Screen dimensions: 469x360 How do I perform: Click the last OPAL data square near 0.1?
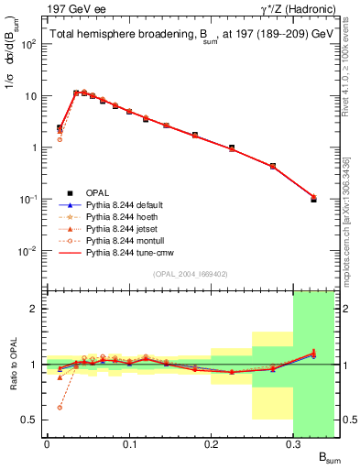coord(313,199)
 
